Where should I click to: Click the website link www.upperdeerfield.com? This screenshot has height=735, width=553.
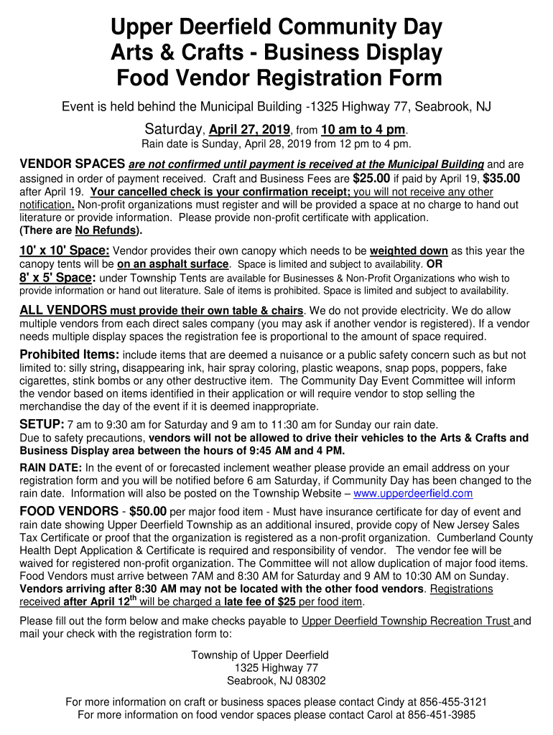413,494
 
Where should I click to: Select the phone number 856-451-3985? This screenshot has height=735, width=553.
442,716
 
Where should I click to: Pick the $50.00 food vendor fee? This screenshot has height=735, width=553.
147,512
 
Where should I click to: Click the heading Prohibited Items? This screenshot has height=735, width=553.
70,355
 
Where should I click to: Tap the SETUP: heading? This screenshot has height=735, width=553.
42,424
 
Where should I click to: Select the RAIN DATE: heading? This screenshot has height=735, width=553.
51,468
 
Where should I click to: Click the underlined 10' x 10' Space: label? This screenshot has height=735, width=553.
64,251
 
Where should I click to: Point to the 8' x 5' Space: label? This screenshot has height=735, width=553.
57,278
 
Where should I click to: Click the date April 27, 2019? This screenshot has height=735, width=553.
248,131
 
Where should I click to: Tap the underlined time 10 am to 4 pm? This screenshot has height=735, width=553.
363,131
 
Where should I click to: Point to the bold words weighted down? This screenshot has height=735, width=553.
409,251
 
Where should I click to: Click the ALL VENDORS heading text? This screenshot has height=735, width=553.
63,311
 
